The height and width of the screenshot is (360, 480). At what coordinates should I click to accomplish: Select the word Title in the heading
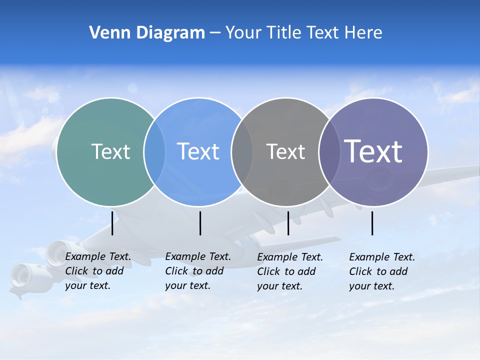tap(286, 33)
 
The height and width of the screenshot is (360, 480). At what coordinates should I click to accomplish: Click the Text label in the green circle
tap(110, 151)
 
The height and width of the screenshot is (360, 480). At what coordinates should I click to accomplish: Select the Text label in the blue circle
tap(198, 151)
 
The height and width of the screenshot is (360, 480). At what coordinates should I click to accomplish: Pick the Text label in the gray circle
tap(285, 151)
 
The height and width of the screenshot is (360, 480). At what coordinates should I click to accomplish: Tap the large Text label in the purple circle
tap(373, 151)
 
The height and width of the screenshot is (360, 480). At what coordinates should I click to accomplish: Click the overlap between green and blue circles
tap(154, 151)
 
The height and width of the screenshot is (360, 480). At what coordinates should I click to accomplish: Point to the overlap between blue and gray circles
tap(242, 151)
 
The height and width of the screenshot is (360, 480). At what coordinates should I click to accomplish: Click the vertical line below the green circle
tap(112, 222)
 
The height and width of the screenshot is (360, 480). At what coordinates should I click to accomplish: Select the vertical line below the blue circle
tap(200, 222)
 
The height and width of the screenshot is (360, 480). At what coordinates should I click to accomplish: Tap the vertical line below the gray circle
tap(288, 222)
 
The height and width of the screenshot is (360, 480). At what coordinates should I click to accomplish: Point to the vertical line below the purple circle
tap(372, 222)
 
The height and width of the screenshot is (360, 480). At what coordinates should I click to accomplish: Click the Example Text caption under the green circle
tap(98, 271)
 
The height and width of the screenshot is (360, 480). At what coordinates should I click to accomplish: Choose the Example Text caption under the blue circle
tap(198, 271)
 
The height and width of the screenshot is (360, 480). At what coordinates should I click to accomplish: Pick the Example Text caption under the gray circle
tap(290, 271)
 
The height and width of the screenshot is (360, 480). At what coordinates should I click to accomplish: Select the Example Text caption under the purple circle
tap(382, 271)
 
